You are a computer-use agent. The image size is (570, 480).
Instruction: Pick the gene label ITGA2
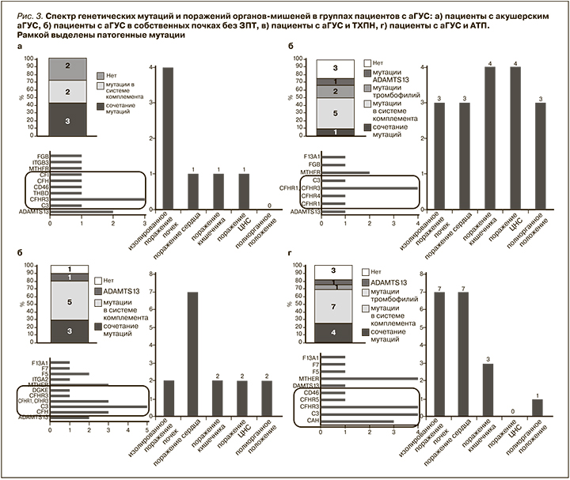click(38, 379)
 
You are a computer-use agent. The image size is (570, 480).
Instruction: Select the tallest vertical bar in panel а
click(169, 140)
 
